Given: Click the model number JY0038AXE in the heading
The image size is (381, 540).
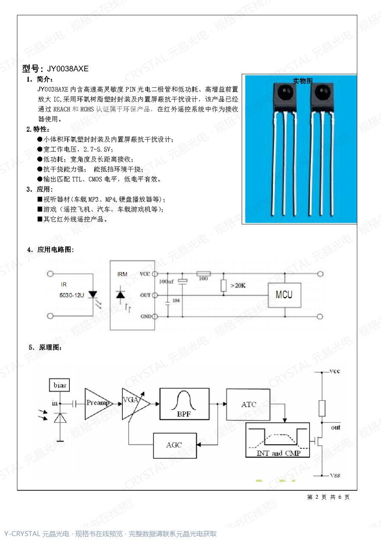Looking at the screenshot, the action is (68, 69).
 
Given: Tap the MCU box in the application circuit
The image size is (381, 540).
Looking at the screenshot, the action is (284, 295).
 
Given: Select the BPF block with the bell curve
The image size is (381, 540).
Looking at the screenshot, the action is (185, 404).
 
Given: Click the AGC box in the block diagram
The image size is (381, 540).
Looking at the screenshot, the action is (175, 445).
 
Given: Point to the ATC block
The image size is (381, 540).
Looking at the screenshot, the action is (248, 404).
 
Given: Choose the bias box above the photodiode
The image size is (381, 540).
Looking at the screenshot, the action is (59, 385).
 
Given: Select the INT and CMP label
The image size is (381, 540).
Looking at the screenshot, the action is (278, 453).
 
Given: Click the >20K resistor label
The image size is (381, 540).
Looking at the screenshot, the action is (238, 285).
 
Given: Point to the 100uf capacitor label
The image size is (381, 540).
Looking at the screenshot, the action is (166, 281).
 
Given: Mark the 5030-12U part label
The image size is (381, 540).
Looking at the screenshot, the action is (72, 295).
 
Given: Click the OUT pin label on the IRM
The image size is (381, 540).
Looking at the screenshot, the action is (145, 295).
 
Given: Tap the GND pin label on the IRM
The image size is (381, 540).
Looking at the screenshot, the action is (146, 316).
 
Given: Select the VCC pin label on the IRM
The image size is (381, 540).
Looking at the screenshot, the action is (145, 274).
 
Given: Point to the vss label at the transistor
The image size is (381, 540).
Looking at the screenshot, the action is (335, 476).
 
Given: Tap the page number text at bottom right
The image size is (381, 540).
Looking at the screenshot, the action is (328, 497).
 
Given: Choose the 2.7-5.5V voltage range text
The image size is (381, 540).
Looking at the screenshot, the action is (97, 149).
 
